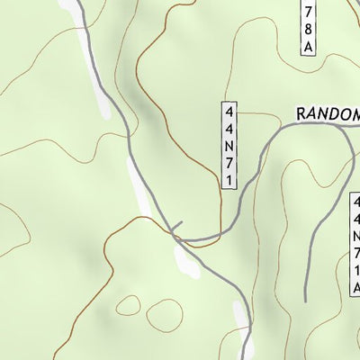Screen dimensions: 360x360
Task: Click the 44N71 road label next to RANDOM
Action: pyautogui.click(x=230, y=145)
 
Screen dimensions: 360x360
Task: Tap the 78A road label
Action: pyautogui.click(x=308, y=25)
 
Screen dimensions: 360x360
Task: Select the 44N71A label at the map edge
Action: pyautogui.click(x=355, y=243)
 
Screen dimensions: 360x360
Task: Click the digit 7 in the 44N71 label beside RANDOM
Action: pyautogui.click(x=230, y=163)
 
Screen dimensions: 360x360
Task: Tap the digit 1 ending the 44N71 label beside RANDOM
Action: pyautogui.click(x=230, y=180)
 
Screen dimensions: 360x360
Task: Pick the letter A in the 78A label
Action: pyautogui.click(x=308, y=45)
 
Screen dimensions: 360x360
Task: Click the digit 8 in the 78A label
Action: pyautogui.click(x=308, y=27)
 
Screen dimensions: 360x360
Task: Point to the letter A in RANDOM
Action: pyautogui.click(x=315, y=114)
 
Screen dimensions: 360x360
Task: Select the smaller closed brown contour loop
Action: pyautogui.click(x=128, y=305)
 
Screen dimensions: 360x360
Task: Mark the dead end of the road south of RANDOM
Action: pyautogui.click(x=305, y=298)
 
